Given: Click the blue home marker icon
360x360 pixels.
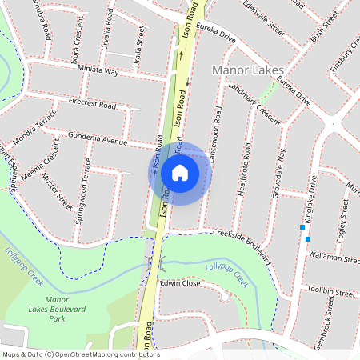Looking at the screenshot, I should point(180,172).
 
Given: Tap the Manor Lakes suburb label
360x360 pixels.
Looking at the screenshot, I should point(247,70).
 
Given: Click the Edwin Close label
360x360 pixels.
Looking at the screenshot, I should point(179,283).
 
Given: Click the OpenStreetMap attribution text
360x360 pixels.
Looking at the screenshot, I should point(80,354).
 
